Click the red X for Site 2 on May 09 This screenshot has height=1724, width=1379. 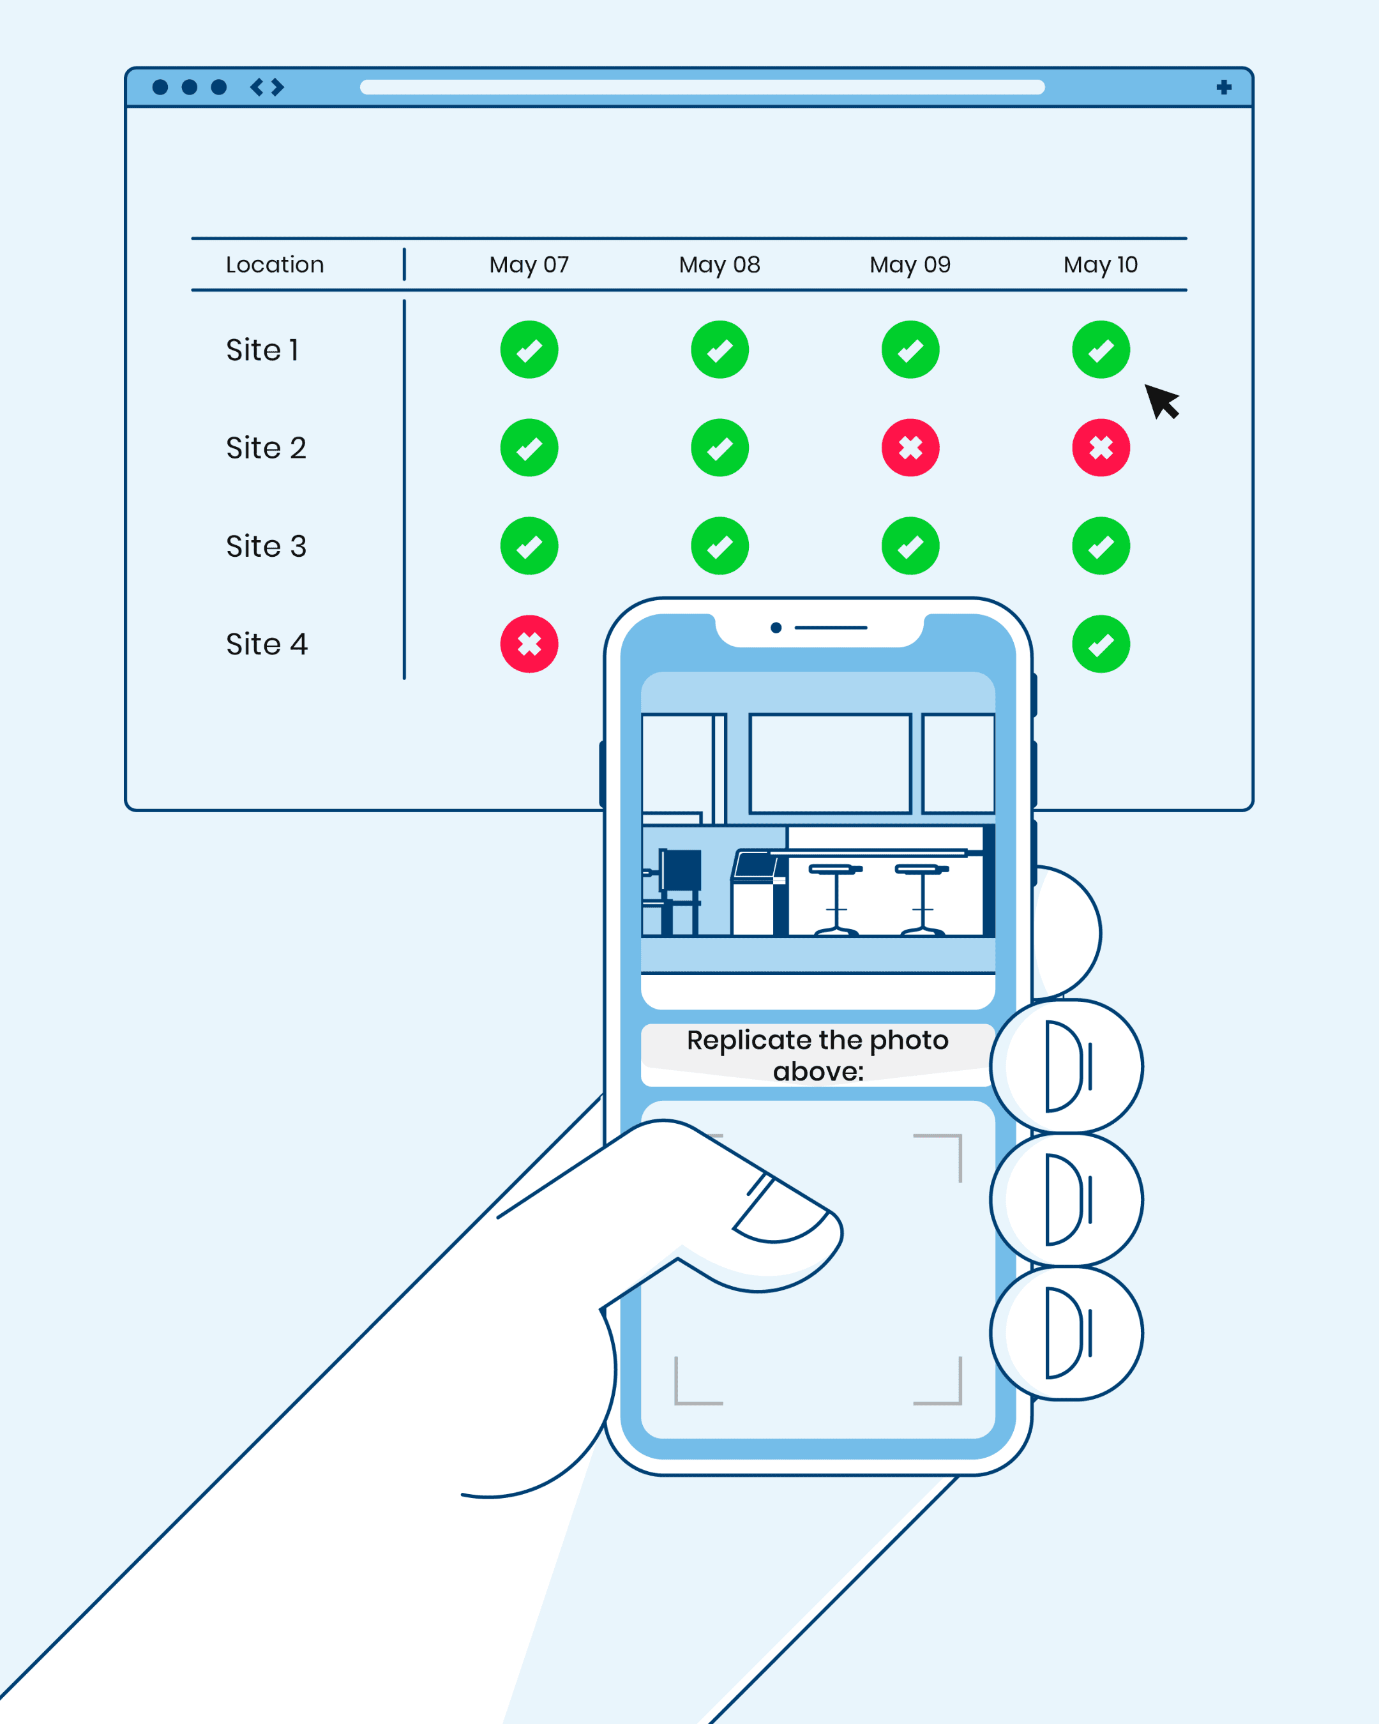[910, 448]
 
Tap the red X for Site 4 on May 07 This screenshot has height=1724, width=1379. [529, 644]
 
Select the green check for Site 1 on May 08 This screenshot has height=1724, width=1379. [720, 349]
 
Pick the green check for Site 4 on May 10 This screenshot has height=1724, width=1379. [1101, 644]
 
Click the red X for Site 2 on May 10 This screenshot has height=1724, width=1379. [1101, 448]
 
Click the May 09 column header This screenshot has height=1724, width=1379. [910, 265]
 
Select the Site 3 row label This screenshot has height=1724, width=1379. [266, 546]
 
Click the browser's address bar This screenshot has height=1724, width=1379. [702, 87]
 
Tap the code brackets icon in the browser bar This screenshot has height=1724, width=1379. [267, 87]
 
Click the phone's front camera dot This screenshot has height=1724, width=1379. [776, 628]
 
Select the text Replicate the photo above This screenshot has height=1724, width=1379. [817, 1055]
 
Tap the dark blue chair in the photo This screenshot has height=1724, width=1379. [681, 872]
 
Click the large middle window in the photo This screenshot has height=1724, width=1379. [830, 764]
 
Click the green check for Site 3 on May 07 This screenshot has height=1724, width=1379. [529, 546]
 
